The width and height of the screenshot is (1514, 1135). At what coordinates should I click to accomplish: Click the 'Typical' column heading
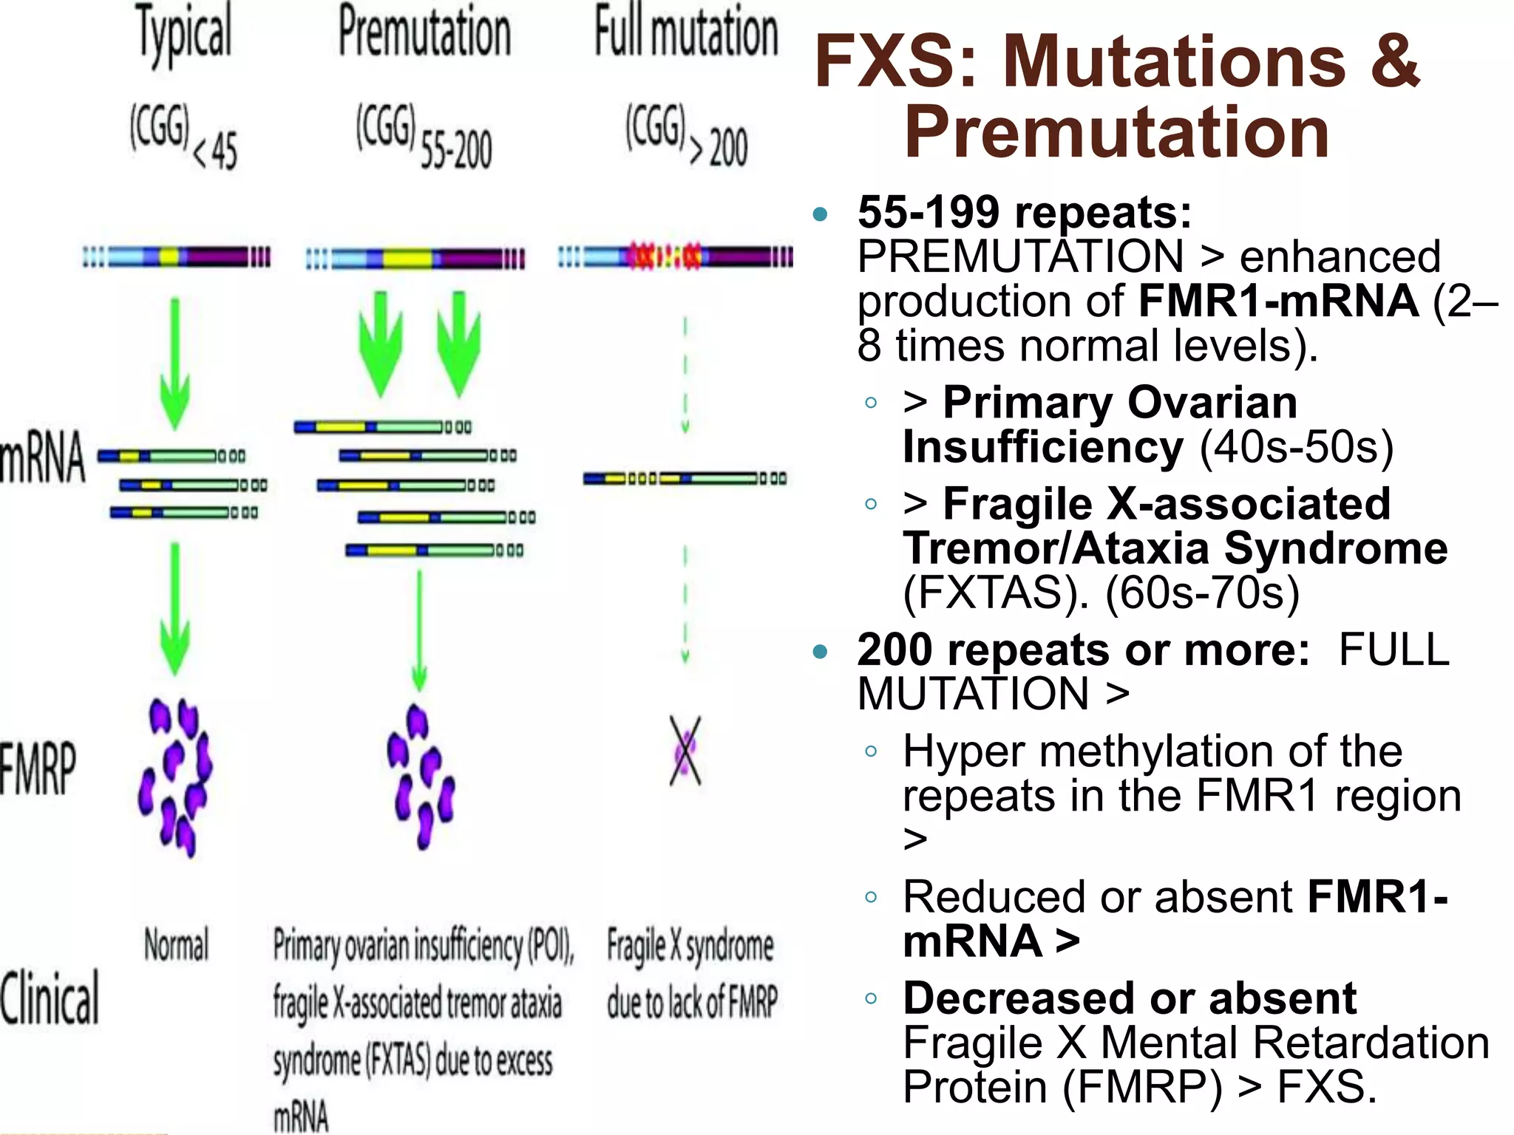pos(184,33)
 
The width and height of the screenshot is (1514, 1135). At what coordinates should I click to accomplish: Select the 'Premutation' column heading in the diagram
pos(424,33)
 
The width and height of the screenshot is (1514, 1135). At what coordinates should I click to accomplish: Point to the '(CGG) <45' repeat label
pos(183,137)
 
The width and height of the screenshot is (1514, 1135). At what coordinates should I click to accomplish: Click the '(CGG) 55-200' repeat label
pos(424,137)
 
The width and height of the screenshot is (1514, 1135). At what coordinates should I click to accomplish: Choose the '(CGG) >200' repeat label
pos(686,137)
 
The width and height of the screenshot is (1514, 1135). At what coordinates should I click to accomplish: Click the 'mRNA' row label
pos(43,458)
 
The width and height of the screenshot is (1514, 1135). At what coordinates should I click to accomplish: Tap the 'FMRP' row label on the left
pos(38,768)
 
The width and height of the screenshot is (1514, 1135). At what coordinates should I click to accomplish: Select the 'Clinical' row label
pos(49,998)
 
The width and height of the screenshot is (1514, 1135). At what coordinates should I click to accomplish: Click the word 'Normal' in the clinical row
pos(176,945)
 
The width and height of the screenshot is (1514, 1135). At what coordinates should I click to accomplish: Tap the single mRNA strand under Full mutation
pos(685,479)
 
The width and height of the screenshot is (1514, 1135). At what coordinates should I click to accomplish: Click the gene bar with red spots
pos(674,257)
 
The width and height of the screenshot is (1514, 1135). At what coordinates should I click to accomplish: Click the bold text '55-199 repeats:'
pos(1025,213)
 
